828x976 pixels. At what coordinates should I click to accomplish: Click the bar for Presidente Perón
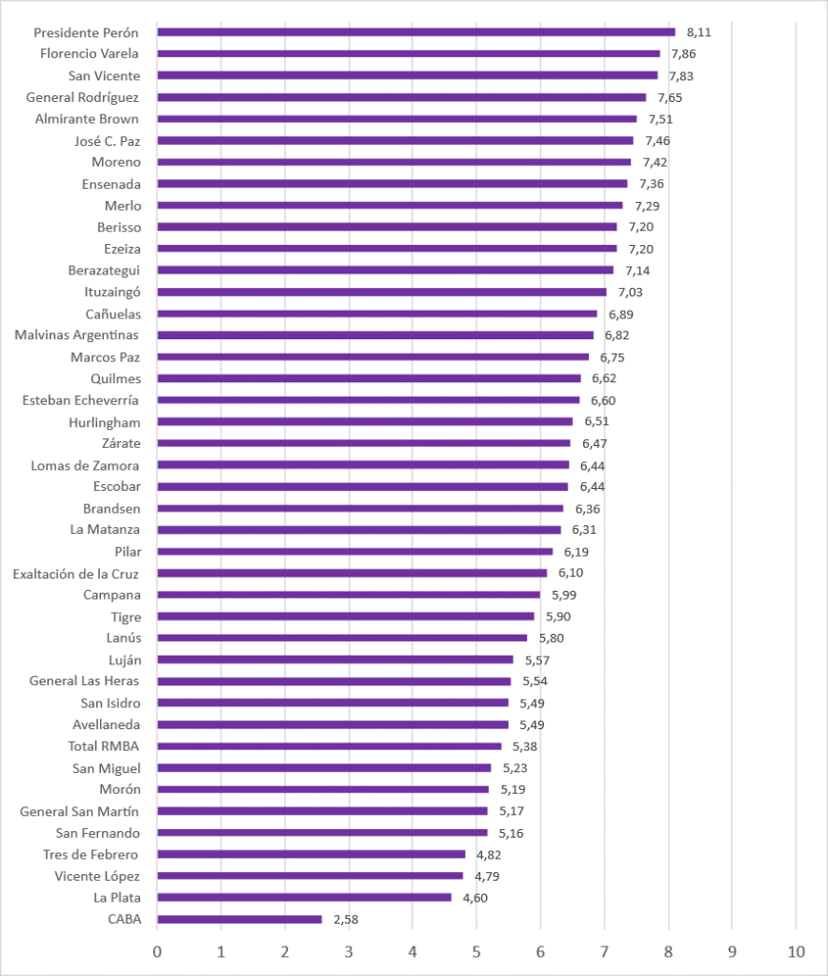pyautogui.click(x=416, y=32)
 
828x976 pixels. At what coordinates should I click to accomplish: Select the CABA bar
pyautogui.click(x=239, y=920)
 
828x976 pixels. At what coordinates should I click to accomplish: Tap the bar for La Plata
pyautogui.click(x=304, y=898)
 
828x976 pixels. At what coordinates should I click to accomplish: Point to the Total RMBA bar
pyautogui.click(x=329, y=746)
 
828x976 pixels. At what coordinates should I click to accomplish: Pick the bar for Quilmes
pyautogui.click(x=369, y=378)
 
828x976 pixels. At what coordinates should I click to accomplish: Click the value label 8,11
pyautogui.click(x=698, y=32)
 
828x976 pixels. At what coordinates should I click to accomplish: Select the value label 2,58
pyautogui.click(x=346, y=920)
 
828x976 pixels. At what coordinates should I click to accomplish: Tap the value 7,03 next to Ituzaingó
pyautogui.click(x=630, y=292)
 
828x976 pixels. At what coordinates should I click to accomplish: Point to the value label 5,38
pyautogui.click(x=524, y=746)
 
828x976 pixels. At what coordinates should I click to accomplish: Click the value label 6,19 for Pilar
pyautogui.click(x=576, y=552)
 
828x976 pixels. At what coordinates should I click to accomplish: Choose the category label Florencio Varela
pyautogui.click(x=90, y=53)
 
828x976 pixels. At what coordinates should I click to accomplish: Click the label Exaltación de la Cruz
pyautogui.click(x=76, y=573)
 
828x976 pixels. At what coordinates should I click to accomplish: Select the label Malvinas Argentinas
pyautogui.click(x=76, y=335)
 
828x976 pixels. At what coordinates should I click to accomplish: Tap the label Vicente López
pyautogui.click(x=97, y=876)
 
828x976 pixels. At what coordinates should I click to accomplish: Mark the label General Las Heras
pyautogui.click(x=84, y=681)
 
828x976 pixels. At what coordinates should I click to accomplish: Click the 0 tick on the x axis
pyautogui.click(x=157, y=951)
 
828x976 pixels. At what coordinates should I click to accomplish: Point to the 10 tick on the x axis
pyautogui.click(x=797, y=951)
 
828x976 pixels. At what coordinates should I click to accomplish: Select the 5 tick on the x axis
pyautogui.click(x=476, y=951)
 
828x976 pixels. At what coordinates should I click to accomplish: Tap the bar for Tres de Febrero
pyautogui.click(x=311, y=855)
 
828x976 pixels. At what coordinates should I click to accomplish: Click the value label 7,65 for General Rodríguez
pyautogui.click(x=670, y=98)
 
